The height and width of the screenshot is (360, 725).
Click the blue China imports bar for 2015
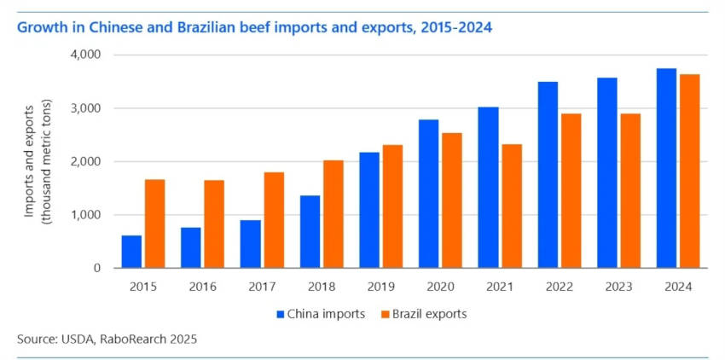[x=131, y=252]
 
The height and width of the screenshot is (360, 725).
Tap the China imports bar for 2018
[x=310, y=231]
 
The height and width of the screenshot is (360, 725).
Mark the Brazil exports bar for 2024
[x=690, y=171]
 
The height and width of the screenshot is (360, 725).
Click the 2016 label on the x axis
[x=202, y=287]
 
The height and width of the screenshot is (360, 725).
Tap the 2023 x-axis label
[x=618, y=287]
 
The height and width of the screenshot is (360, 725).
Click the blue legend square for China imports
[x=280, y=315]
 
